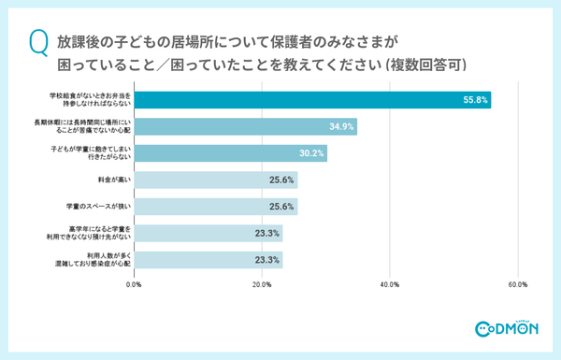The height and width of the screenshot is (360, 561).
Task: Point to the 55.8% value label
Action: (x=472, y=101)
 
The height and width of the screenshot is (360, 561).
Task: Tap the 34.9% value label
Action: (x=340, y=127)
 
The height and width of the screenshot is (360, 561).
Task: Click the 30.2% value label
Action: (x=310, y=153)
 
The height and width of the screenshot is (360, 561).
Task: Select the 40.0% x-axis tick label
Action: (x=390, y=284)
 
